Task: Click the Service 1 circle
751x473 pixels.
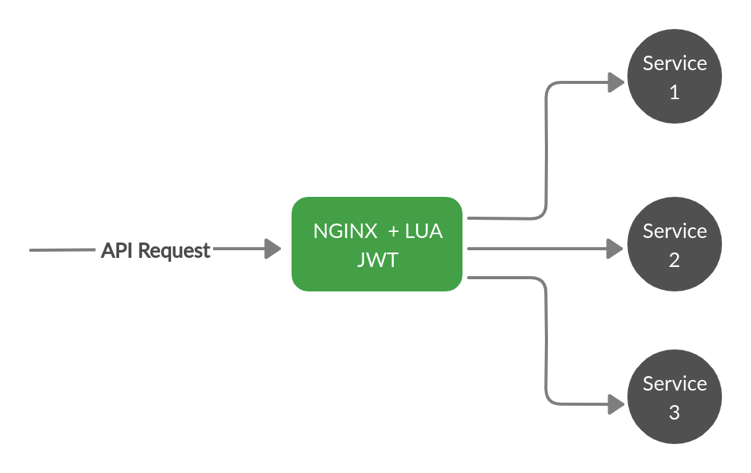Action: pos(675,76)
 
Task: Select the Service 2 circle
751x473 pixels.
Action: pos(675,244)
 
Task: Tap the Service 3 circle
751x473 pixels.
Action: pos(675,397)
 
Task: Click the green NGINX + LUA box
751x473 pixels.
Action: pos(377,244)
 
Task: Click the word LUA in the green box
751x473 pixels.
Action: pos(424,231)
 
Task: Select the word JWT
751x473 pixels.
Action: pos(377,260)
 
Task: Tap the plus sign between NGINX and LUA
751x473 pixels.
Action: pos(394,231)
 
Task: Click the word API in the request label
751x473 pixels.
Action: pos(117,250)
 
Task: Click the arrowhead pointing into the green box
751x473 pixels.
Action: pos(272,249)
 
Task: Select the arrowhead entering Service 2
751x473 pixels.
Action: pos(617,248)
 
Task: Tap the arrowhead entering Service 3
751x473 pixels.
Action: pos(617,404)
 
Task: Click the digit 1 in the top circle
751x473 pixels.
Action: pos(674,93)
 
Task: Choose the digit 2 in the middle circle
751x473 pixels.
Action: pos(674,261)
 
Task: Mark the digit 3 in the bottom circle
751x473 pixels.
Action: pos(674,413)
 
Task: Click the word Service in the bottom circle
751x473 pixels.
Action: pos(675,383)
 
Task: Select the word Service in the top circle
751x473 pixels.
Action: pos(675,63)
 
